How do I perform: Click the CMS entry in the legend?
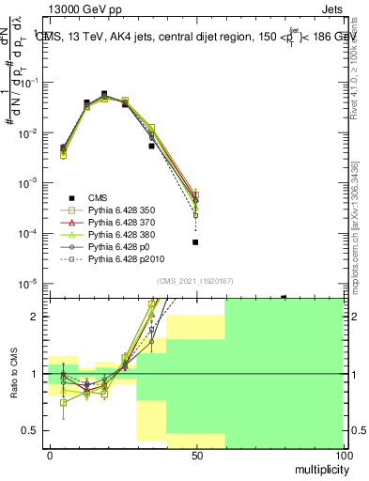pyautogui.click(x=98, y=197)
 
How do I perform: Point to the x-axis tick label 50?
pyautogui.click(x=195, y=455)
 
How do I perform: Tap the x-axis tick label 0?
pyautogui.click(x=49, y=455)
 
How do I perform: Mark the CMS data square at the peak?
pyautogui.click(x=104, y=94)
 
